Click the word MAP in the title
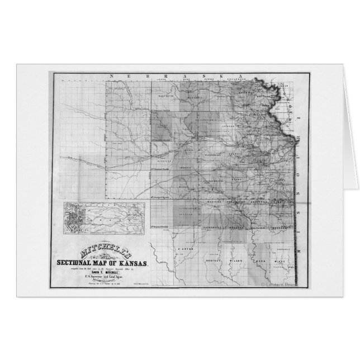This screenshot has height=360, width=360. pyautogui.click(x=107, y=263)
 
